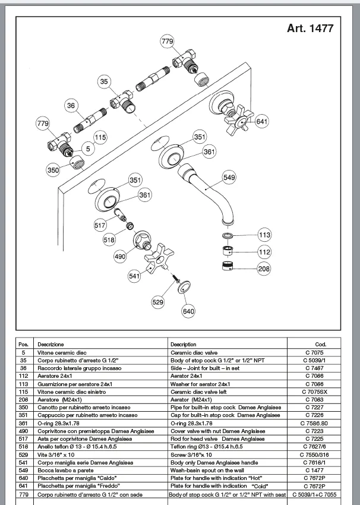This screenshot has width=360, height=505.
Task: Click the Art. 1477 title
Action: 310,29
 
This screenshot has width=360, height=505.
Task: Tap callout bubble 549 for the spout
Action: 229,177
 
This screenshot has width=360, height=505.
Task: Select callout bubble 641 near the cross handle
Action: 261,121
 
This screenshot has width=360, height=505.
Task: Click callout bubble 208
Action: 264,269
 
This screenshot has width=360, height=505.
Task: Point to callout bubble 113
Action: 264,235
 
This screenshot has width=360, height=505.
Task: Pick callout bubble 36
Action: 71,106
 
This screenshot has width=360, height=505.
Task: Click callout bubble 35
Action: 104,81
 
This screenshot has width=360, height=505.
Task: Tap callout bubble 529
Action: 158,302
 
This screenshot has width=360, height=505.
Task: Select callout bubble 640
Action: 188,311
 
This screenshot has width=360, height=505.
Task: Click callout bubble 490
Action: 120,257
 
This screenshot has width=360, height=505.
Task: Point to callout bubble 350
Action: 53,170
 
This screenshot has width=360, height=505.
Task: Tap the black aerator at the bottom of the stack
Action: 228,266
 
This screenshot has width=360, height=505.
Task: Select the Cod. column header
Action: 321,344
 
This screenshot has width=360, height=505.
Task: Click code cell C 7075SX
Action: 315,392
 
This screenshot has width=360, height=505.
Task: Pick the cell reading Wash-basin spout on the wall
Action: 207,470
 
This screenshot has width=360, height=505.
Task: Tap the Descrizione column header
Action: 50,344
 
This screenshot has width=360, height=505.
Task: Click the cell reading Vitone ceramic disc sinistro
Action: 71,392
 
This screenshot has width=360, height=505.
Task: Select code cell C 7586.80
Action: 314,423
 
